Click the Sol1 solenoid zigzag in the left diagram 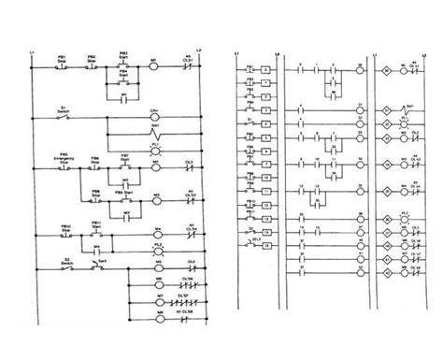point(156,132)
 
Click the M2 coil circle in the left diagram point(156,171)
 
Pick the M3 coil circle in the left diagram point(156,199)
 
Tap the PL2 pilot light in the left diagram point(156,250)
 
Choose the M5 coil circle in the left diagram point(156,266)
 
